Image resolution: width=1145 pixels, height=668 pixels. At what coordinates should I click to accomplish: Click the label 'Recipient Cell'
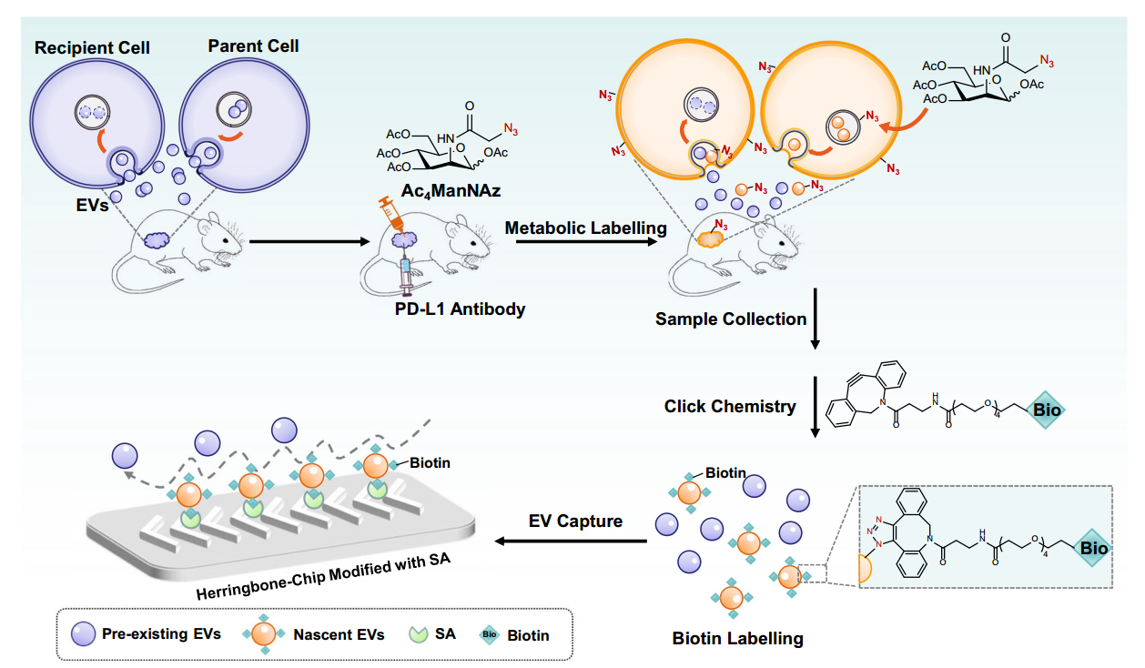(x=92, y=46)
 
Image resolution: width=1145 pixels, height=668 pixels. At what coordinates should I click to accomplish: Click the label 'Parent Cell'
(x=253, y=45)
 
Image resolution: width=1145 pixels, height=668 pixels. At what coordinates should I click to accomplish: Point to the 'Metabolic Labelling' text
(x=586, y=228)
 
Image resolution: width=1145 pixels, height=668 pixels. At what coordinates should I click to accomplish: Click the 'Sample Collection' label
(x=731, y=319)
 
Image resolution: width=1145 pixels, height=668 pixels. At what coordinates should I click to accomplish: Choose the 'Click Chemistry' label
(x=730, y=406)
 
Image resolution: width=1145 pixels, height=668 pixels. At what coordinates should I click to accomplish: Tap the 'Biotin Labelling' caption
(x=737, y=638)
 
